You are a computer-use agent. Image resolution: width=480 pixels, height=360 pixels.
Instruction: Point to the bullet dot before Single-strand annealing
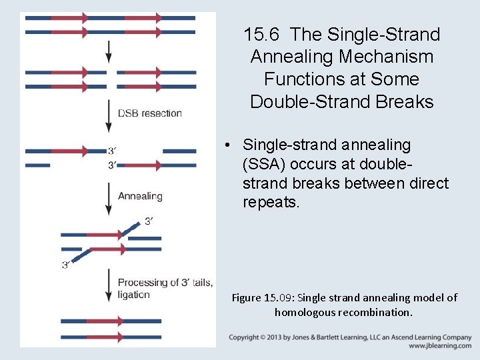pos(228,145)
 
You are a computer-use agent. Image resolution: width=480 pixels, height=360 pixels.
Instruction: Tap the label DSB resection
pos(150,113)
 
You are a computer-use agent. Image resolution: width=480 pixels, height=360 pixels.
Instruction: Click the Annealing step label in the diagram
pos(140,196)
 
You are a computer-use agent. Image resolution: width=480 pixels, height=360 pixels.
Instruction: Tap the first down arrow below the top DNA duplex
pos(109,51)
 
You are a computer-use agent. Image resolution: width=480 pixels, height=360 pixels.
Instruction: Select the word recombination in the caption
pos(377,312)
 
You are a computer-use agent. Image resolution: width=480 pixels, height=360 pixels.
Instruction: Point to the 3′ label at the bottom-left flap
pos(66,265)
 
